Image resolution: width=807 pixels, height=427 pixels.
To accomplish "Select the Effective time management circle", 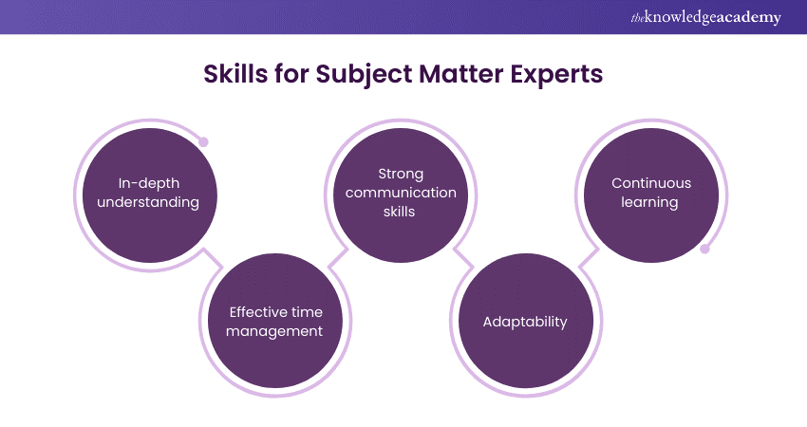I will tap(276, 322).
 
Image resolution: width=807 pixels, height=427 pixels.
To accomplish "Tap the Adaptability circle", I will tap(525, 322).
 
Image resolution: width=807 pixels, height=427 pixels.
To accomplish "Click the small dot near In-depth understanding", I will tap(203, 142).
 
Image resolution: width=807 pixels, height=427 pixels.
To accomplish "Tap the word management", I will tap(276, 331).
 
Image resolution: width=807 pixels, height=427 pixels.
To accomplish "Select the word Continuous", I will tap(651, 183).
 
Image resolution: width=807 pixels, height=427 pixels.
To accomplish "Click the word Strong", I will tap(401, 175).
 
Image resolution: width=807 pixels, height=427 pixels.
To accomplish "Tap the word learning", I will tap(651, 202).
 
